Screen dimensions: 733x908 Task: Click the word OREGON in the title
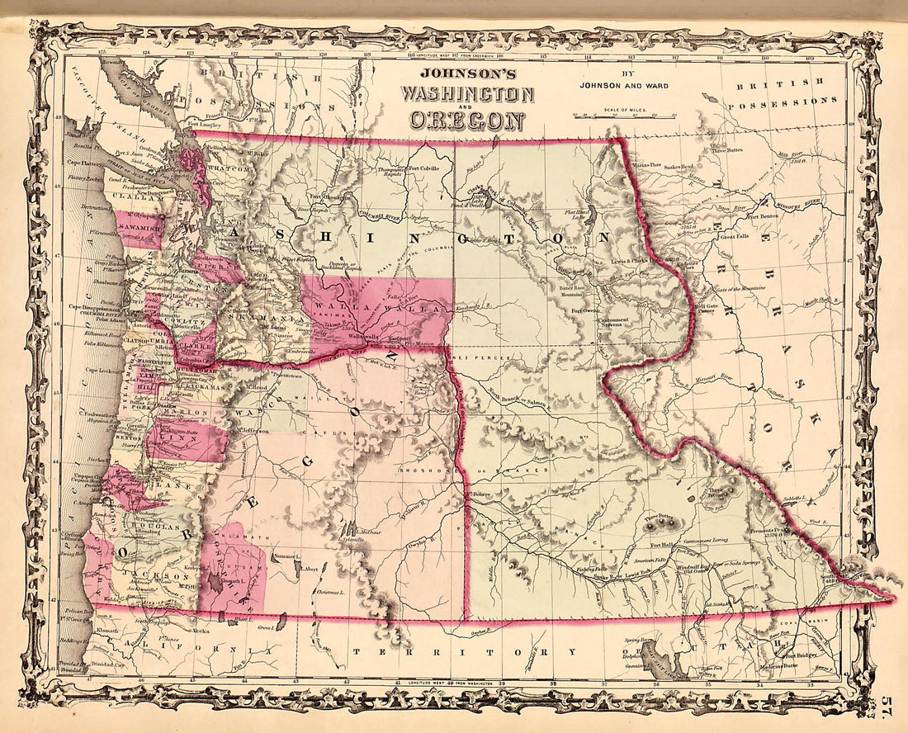click(x=463, y=119)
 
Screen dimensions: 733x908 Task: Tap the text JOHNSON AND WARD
click(x=623, y=83)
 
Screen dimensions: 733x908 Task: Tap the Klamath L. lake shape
click(x=215, y=585)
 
